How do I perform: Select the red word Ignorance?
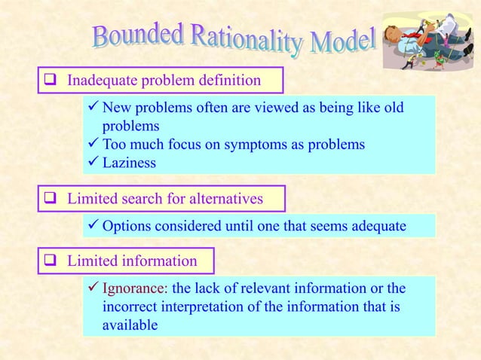[x=134, y=289]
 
